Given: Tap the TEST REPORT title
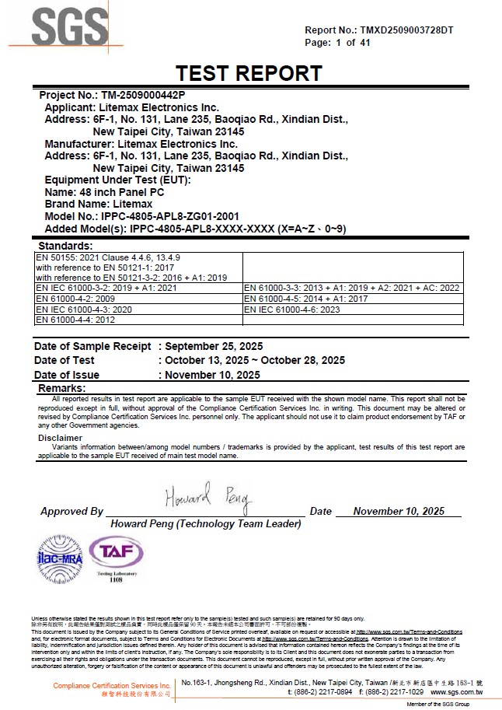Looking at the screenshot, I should coord(249,73).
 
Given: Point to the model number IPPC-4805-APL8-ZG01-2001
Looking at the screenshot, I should coord(169,216).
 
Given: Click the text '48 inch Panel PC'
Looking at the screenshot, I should coord(120,192).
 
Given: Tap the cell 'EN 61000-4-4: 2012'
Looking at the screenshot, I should coord(75,320).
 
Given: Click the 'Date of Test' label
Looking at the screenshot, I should coord(64,360).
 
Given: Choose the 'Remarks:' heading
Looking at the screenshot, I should coord(62,388).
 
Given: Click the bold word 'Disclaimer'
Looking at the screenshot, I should coord(60,438).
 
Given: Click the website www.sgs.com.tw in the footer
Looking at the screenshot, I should coord(456,691).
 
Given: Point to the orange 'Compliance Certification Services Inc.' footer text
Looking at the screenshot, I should coord(112,685).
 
